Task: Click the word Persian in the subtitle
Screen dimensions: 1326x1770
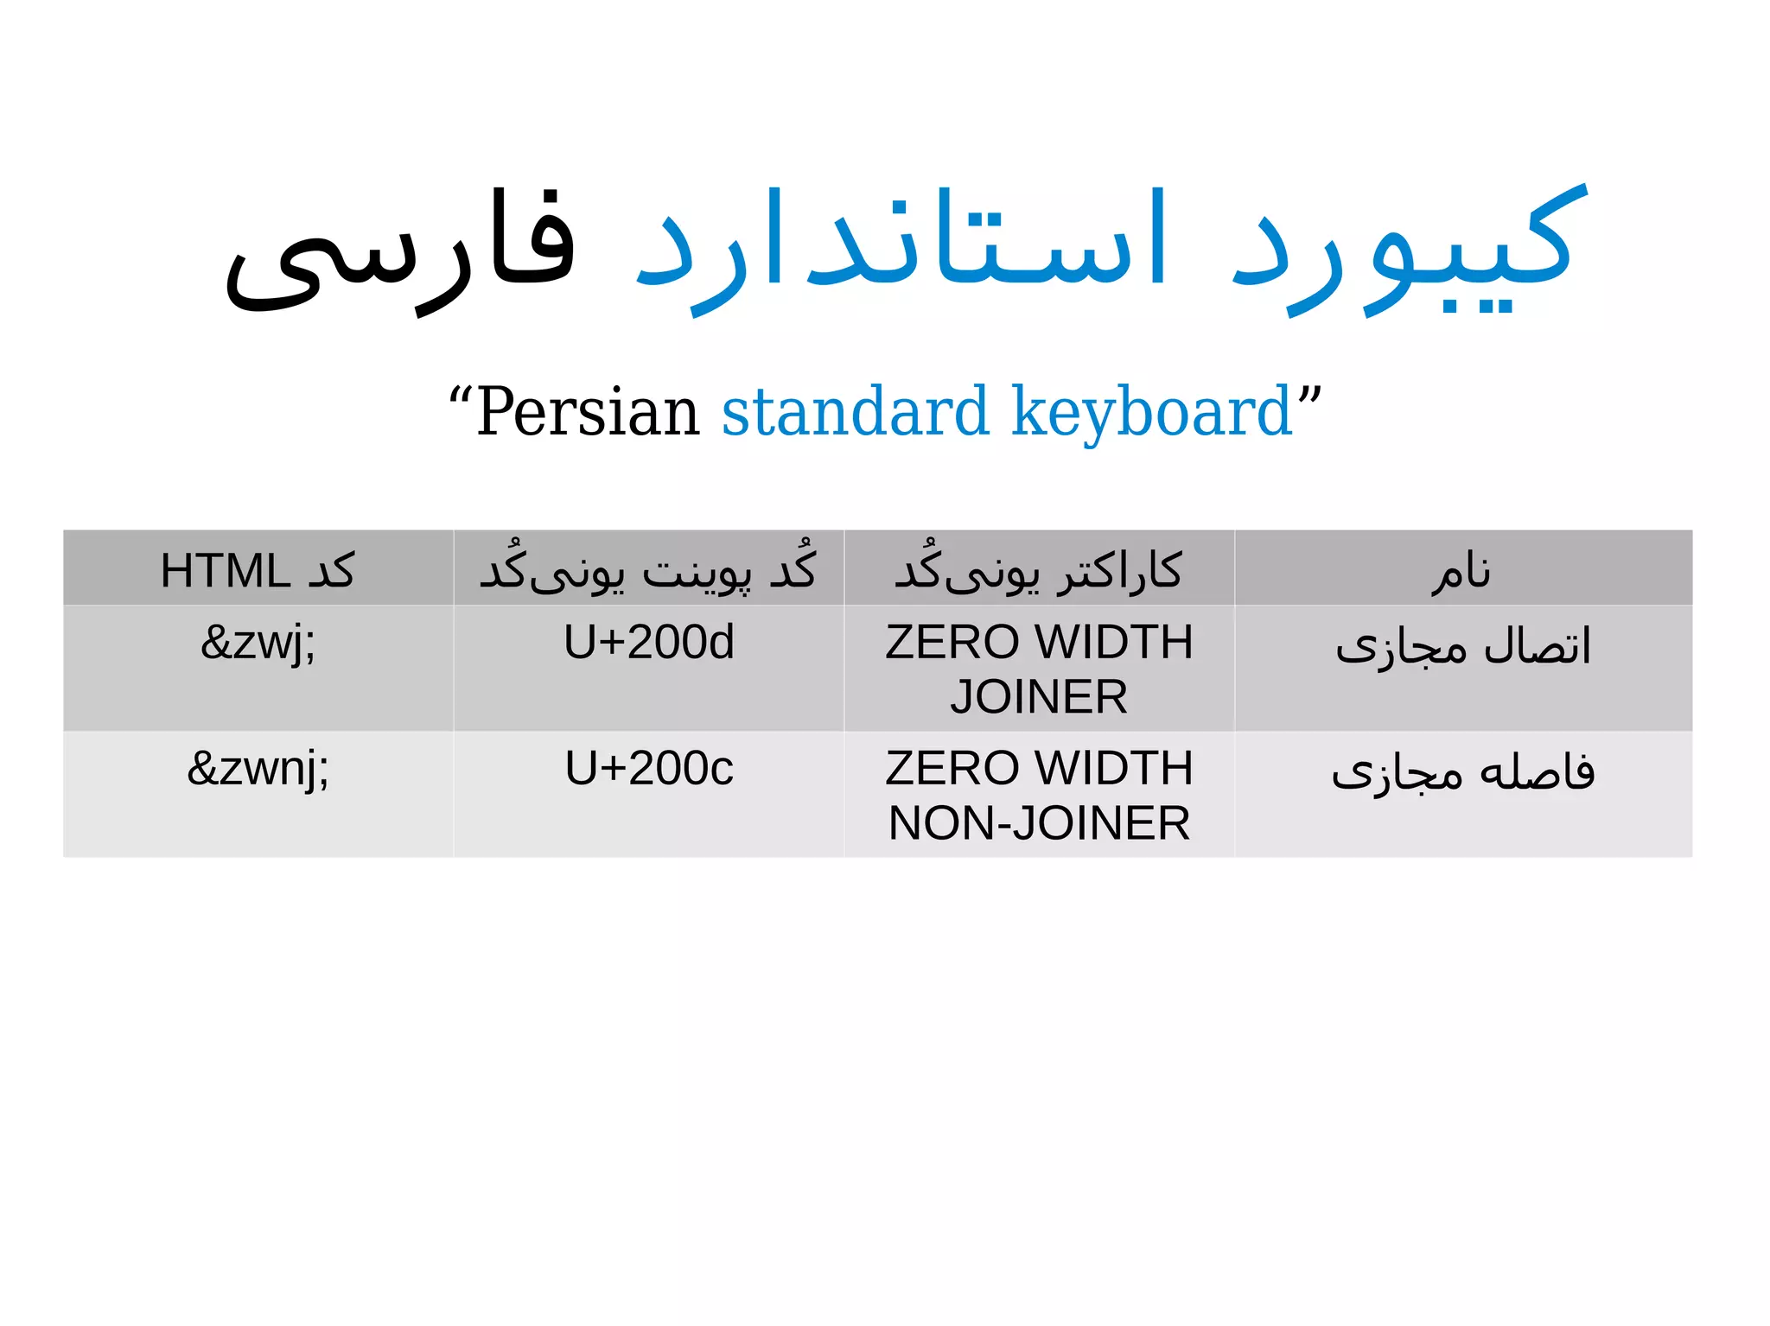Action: (588, 412)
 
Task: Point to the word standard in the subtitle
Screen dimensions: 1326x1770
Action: (855, 412)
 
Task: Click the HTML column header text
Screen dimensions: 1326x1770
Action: (258, 571)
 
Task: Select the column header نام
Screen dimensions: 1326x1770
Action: (1461, 571)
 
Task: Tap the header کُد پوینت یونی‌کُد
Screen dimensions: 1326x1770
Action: (648, 571)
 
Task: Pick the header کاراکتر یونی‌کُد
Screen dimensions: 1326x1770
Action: (1038, 571)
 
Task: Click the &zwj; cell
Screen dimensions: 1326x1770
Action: (258, 643)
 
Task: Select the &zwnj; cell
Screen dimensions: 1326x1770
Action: (258, 769)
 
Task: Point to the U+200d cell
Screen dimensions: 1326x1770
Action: (648, 643)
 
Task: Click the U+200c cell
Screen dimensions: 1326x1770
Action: (648, 769)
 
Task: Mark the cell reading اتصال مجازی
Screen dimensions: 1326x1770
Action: (1462, 647)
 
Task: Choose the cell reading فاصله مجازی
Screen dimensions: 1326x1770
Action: (1462, 772)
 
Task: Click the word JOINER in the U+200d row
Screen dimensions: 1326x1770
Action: (1039, 697)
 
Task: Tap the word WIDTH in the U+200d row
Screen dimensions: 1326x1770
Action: (1114, 643)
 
